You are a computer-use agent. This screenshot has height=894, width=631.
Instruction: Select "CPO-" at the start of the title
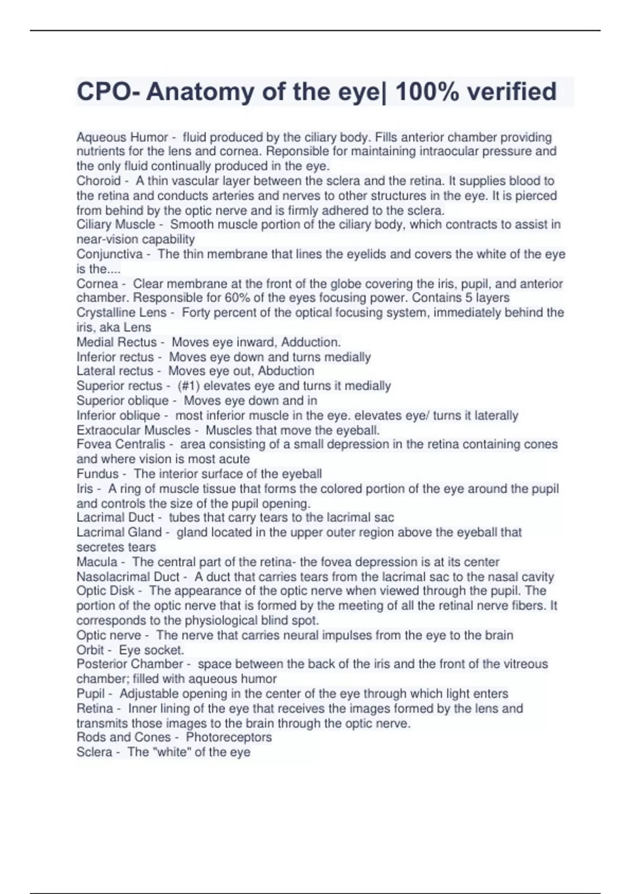click(108, 92)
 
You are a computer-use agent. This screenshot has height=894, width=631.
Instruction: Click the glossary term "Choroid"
click(98, 181)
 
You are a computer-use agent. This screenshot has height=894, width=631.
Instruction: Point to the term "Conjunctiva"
click(109, 254)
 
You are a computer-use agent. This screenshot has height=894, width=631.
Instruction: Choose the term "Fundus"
click(97, 473)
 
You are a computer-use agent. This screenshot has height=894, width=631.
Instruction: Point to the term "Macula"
click(97, 562)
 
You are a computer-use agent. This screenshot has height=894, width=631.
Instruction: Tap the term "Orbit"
click(90, 649)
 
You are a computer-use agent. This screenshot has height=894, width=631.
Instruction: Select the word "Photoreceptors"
click(229, 737)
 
